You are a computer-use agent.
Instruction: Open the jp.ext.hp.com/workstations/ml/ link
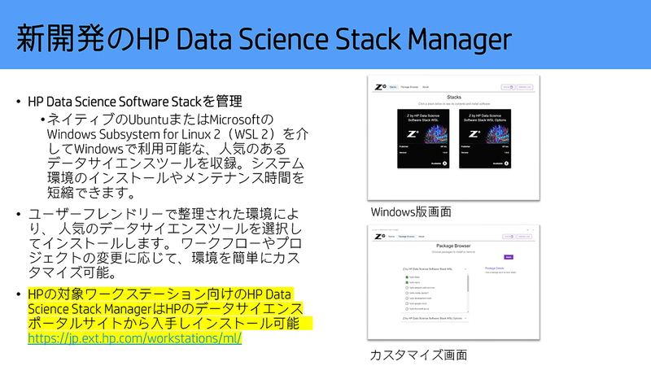pyautogui.click(x=135, y=337)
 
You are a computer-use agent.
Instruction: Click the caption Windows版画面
pyautogui.click(x=411, y=211)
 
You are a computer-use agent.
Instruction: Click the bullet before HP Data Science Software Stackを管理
pyautogui.click(x=19, y=102)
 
